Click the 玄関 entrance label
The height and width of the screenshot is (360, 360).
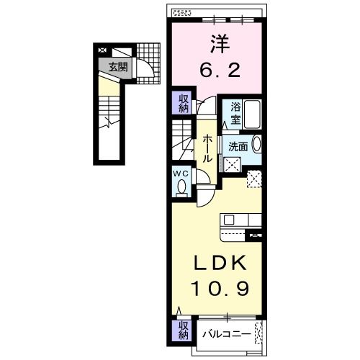[118, 68]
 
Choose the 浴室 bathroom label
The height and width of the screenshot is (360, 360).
[236, 112]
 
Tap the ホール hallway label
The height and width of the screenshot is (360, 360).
[207, 147]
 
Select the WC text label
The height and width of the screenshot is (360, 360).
[181, 174]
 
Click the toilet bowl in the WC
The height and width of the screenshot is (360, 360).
[181, 187]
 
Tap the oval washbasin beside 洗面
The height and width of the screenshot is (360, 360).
[257, 145]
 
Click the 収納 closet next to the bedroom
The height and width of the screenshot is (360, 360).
[184, 103]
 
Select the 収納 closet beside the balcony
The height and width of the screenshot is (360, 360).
[184, 330]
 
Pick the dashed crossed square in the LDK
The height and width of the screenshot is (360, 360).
[254, 179]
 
